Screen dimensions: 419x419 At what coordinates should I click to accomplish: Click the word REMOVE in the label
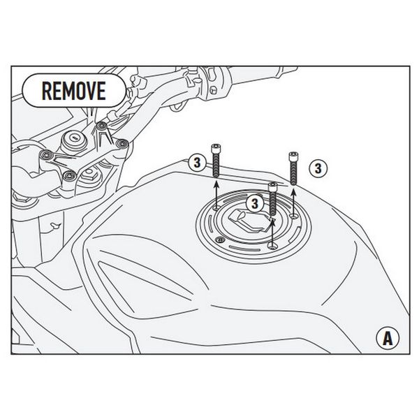pyautogui.click(x=73, y=90)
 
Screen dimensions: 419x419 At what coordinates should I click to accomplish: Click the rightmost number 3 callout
pyautogui.click(x=318, y=168)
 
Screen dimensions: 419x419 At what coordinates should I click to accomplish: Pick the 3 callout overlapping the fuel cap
pyautogui.click(x=255, y=203)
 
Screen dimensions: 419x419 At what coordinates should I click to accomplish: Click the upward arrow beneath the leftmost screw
pyautogui.click(x=216, y=192)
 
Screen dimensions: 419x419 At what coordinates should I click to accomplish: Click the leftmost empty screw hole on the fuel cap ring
pyautogui.click(x=217, y=207)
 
